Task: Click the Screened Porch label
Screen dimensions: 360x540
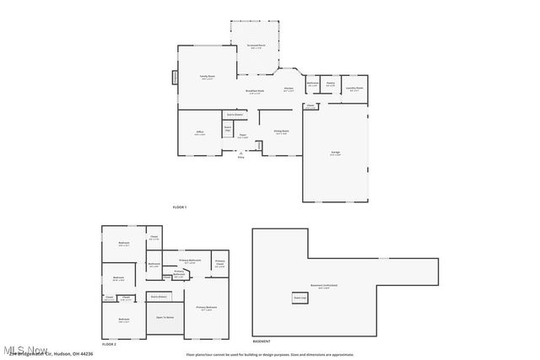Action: pos(257,46)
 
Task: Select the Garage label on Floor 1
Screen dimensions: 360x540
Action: pos(335,153)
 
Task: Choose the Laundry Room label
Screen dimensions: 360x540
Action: pos(354,88)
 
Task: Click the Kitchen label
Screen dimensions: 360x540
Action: pos(288,89)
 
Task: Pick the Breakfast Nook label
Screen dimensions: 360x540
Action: pos(255,91)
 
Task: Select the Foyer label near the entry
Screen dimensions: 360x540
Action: pos(242,136)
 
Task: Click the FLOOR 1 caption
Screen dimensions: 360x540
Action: pos(179,207)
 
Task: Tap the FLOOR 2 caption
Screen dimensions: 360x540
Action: pos(109,344)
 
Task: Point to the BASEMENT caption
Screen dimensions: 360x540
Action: pos(262,341)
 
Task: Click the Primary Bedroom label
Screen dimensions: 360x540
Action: pos(207,308)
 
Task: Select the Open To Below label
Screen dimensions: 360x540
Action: pos(165,317)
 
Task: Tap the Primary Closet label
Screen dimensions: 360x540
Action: pos(220,263)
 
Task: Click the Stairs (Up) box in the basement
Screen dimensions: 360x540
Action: pos(300,298)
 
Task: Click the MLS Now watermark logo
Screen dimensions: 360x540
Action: pos(25,350)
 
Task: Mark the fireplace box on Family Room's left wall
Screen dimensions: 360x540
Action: pos(175,77)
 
